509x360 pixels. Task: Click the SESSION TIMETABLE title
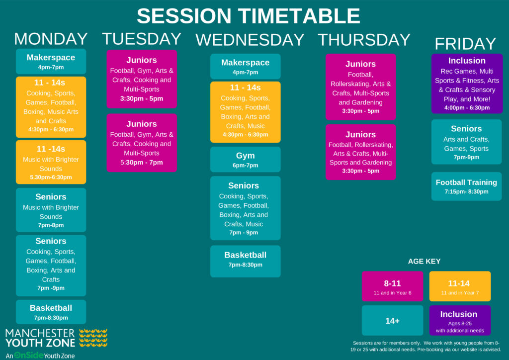249,15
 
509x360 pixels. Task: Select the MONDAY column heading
51,39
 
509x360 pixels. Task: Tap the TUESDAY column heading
142,39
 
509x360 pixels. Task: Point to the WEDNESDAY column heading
250,40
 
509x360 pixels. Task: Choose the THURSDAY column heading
364,40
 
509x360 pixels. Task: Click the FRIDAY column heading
465,43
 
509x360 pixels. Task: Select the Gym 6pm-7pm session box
246,160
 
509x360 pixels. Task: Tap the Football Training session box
466,186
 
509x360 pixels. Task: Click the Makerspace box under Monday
51,61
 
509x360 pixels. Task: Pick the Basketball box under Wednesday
246,262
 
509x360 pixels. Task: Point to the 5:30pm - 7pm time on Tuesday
142,162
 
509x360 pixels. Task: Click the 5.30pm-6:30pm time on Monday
51,177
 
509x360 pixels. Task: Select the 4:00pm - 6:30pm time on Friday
467,108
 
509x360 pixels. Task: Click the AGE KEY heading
424,262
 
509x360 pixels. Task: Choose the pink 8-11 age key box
393,286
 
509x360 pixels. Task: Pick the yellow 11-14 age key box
460,286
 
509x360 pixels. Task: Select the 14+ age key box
393,320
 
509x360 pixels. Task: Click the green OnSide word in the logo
29,355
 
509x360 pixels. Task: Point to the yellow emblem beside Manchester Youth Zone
93,338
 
